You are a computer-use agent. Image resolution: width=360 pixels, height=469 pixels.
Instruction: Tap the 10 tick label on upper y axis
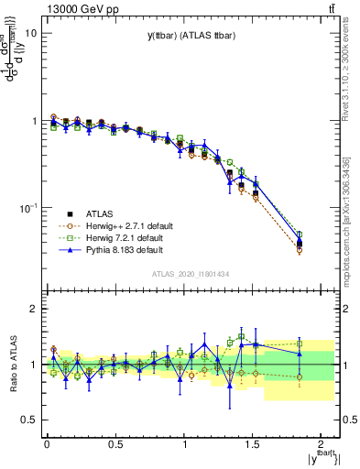pyautogui.click(x=30, y=33)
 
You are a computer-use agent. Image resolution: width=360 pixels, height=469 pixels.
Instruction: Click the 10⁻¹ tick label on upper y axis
pyautogui.click(x=27, y=208)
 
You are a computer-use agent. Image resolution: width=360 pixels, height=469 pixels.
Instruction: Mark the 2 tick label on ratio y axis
pyautogui.click(x=33, y=309)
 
